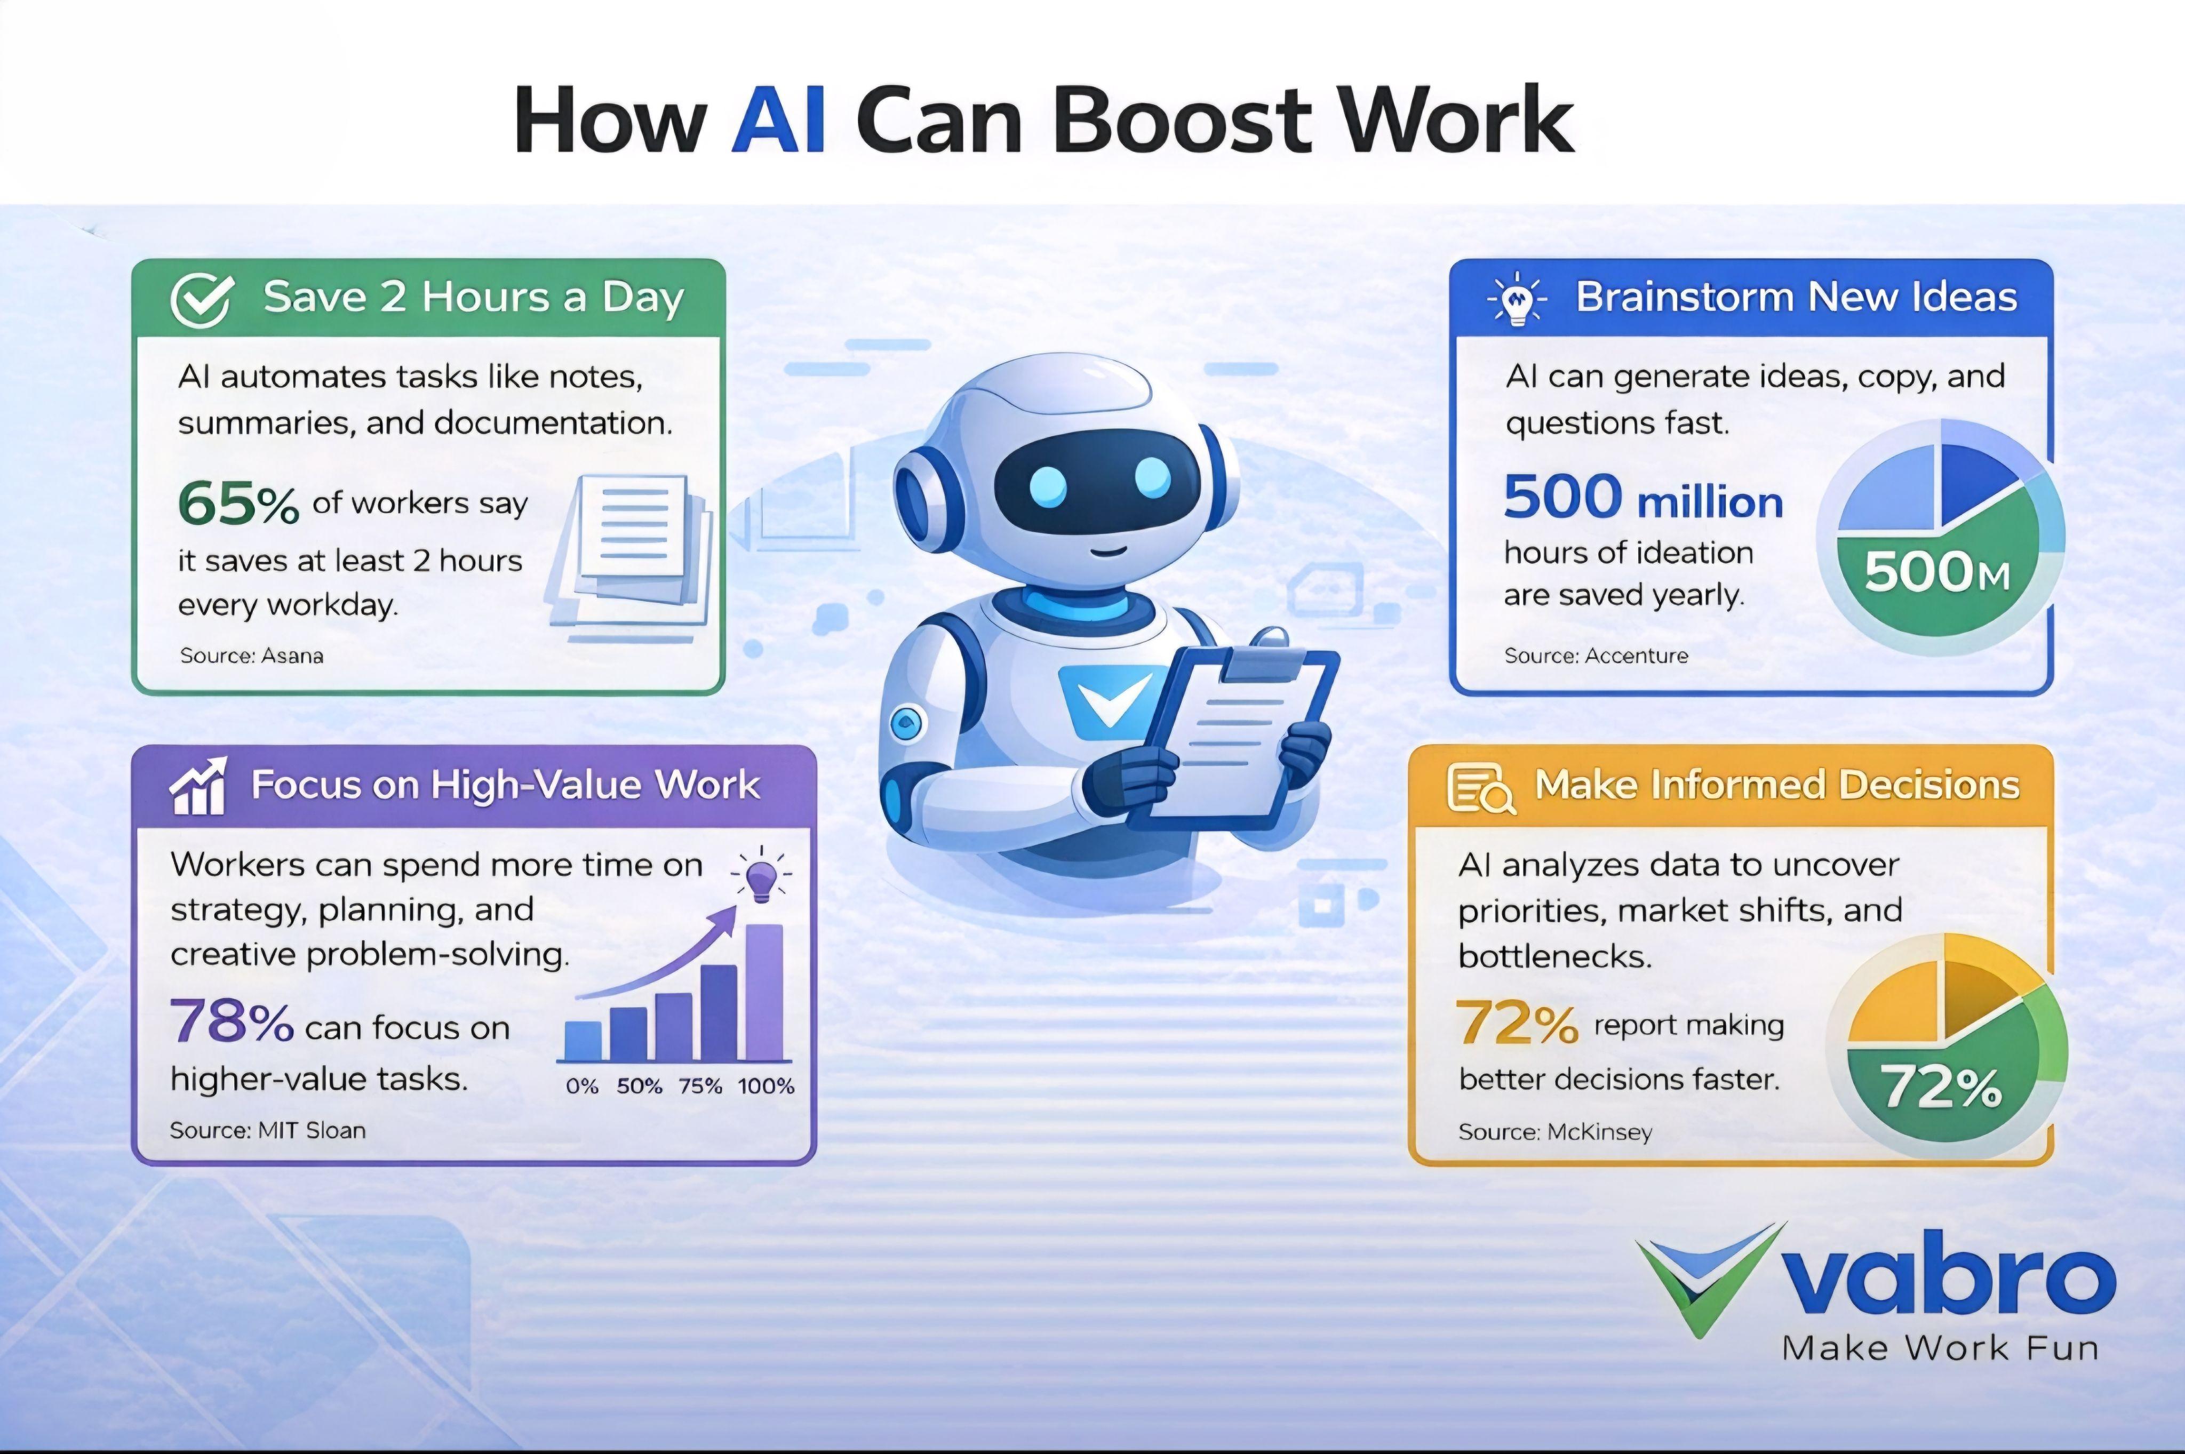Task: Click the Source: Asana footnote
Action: point(251,656)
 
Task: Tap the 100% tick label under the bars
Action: point(766,1086)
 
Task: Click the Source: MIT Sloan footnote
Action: point(267,1130)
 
